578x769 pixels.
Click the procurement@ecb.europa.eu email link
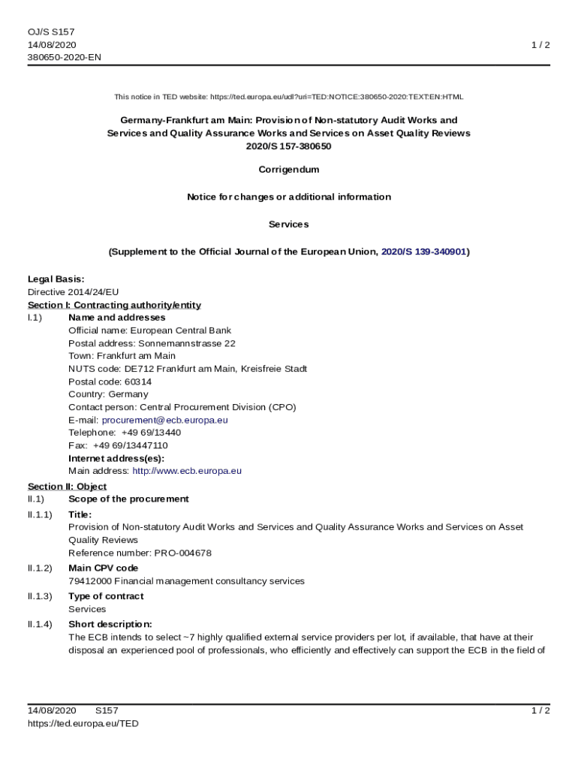pyautogui.click(x=164, y=420)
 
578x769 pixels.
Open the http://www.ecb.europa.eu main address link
pyautogui.click(x=187, y=471)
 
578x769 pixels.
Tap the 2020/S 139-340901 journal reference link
pyautogui.click(x=423, y=252)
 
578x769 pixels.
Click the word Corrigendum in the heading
pyautogui.click(x=289, y=170)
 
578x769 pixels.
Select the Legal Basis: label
pyautogui.click(x=56, y=279)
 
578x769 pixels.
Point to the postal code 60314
pyautogui.click(x=138, y=381)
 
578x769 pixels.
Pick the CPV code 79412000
pyautogui.click(x=89, y=581)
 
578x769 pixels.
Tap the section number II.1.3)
pyautogui.click(x=40, y=596)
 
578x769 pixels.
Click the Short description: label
pyautogui.click(x=110, y=624)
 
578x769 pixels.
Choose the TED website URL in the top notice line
pyautogui.click(x=337, y=97)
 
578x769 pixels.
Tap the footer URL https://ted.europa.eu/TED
pyautogui.click(x=83, y=723)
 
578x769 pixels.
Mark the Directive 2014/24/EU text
pyautogui.click(x=74, y=292)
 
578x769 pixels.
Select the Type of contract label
pyautogui.click(x=106, y=596)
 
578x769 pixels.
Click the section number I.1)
pyautogui.click(x=35, y=318)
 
